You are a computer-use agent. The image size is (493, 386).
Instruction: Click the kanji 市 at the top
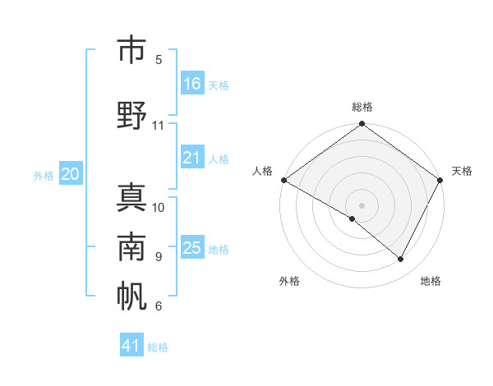pyautogui.click(x=131, y=50)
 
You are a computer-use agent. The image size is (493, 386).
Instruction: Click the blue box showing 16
pyautogui.click(x=192, y=84)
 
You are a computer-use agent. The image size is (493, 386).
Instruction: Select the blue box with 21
pyautogui.click(x=192, y=158)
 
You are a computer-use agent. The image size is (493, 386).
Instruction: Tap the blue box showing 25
pyautogui.click(x=192, y=248)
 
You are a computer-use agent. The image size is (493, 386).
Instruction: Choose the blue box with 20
pyautogui.click(x=71, y=174)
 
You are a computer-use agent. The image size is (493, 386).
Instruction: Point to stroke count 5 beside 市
pyautogui.click(x=159, y=60)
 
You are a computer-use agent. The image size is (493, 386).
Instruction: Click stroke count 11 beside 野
pyautogui.click(x=159, y=126)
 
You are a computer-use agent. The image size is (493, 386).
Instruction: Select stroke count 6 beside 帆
pyautogui.click(x=159, y=306)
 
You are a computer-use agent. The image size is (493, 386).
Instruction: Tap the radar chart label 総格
pyautogui.click(x=362, y=107)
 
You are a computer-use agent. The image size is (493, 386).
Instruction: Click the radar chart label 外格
pyautogui.click(x=289, y=281)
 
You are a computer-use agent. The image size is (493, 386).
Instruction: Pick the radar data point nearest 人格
pyautogui.click(x=283, y=180)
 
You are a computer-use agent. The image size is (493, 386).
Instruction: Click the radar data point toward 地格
pyautogui.click(x=401, y=260)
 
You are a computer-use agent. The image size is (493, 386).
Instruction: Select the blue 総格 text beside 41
pyautogui.click(x=158, y=347)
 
